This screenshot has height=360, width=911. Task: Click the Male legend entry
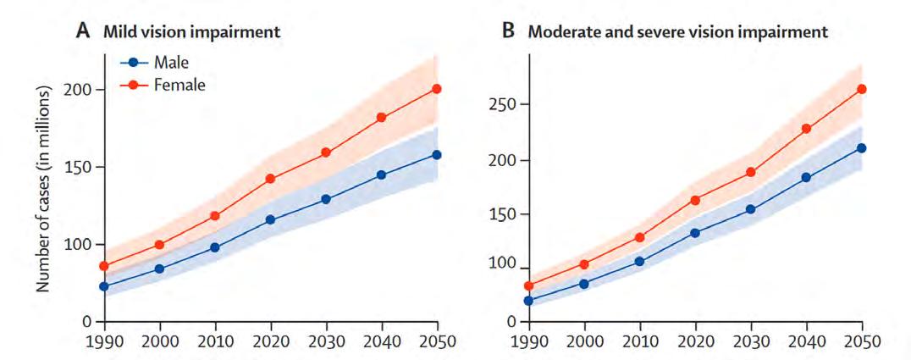[x=154, y=62]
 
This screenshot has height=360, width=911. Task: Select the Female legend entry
[x=163, y=85]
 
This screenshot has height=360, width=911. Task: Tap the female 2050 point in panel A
[x=436, y=88]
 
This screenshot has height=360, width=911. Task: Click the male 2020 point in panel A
[x=270, y=220]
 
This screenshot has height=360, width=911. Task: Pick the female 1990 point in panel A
[x=104, y=266]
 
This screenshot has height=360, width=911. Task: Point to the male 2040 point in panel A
[x=381, y=174]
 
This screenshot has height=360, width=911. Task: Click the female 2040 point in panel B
[x=806, y=129]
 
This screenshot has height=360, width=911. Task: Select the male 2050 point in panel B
[x=862, y=147]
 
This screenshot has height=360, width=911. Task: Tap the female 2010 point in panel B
[x=640, y=237]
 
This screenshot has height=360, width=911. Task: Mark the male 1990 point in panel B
[x=529, y=301]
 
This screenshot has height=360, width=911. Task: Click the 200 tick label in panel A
[x=80, y=90]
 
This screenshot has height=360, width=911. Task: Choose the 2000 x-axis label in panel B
[x=585, y=340]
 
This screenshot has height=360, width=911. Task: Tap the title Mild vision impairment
[x=191, y=32]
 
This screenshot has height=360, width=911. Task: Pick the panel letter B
[x=508, y=31]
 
